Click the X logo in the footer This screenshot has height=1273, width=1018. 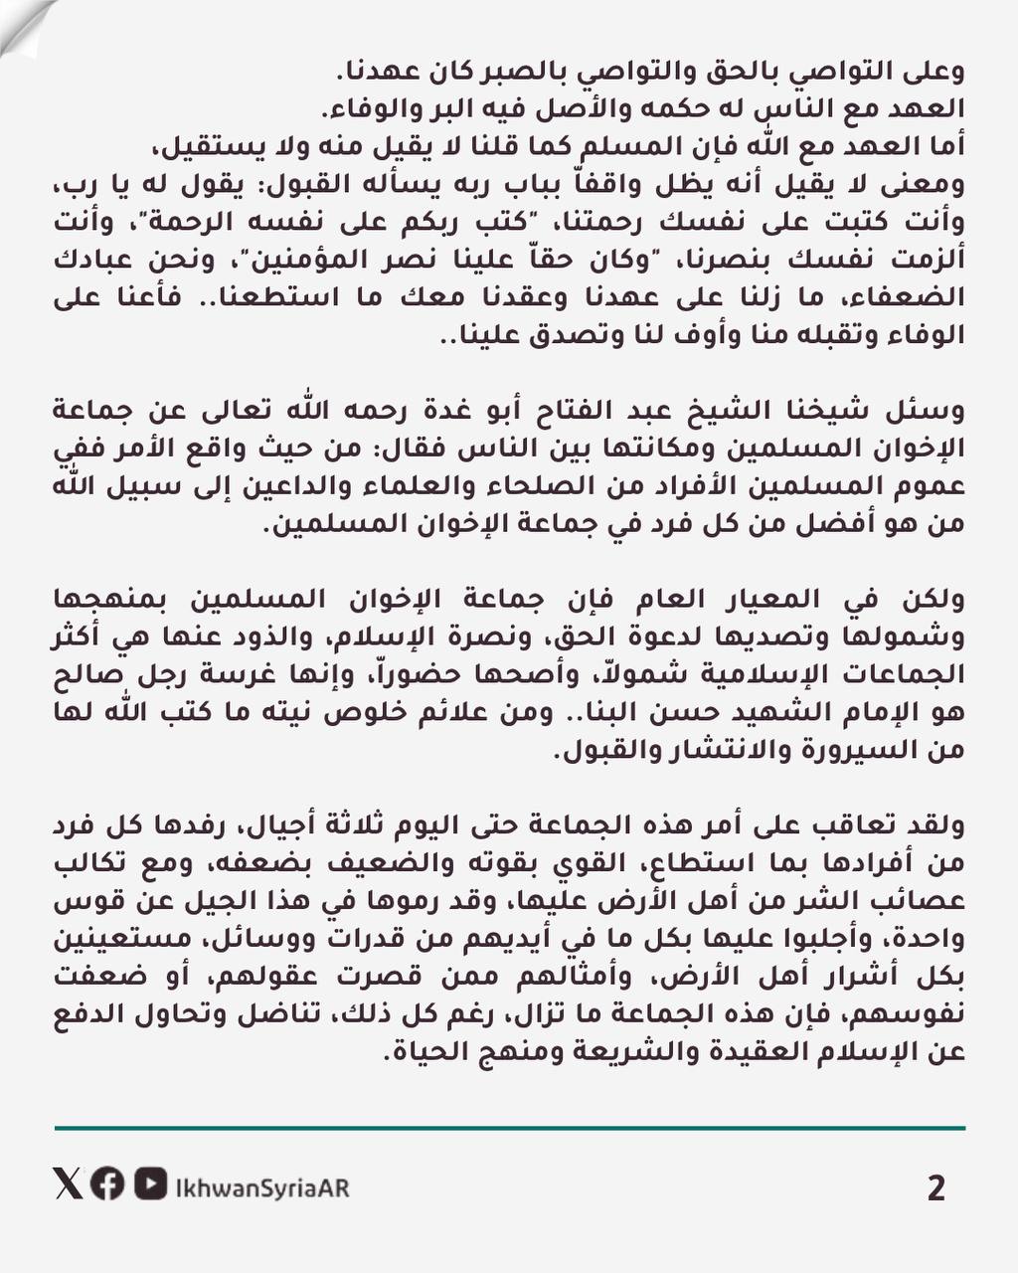69,1183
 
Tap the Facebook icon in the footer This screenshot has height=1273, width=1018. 106,1183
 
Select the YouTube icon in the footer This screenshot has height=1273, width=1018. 150,1183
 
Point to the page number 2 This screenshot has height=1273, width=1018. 934,1188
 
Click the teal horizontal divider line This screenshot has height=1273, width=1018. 509,1129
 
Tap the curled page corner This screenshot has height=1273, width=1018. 22,22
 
